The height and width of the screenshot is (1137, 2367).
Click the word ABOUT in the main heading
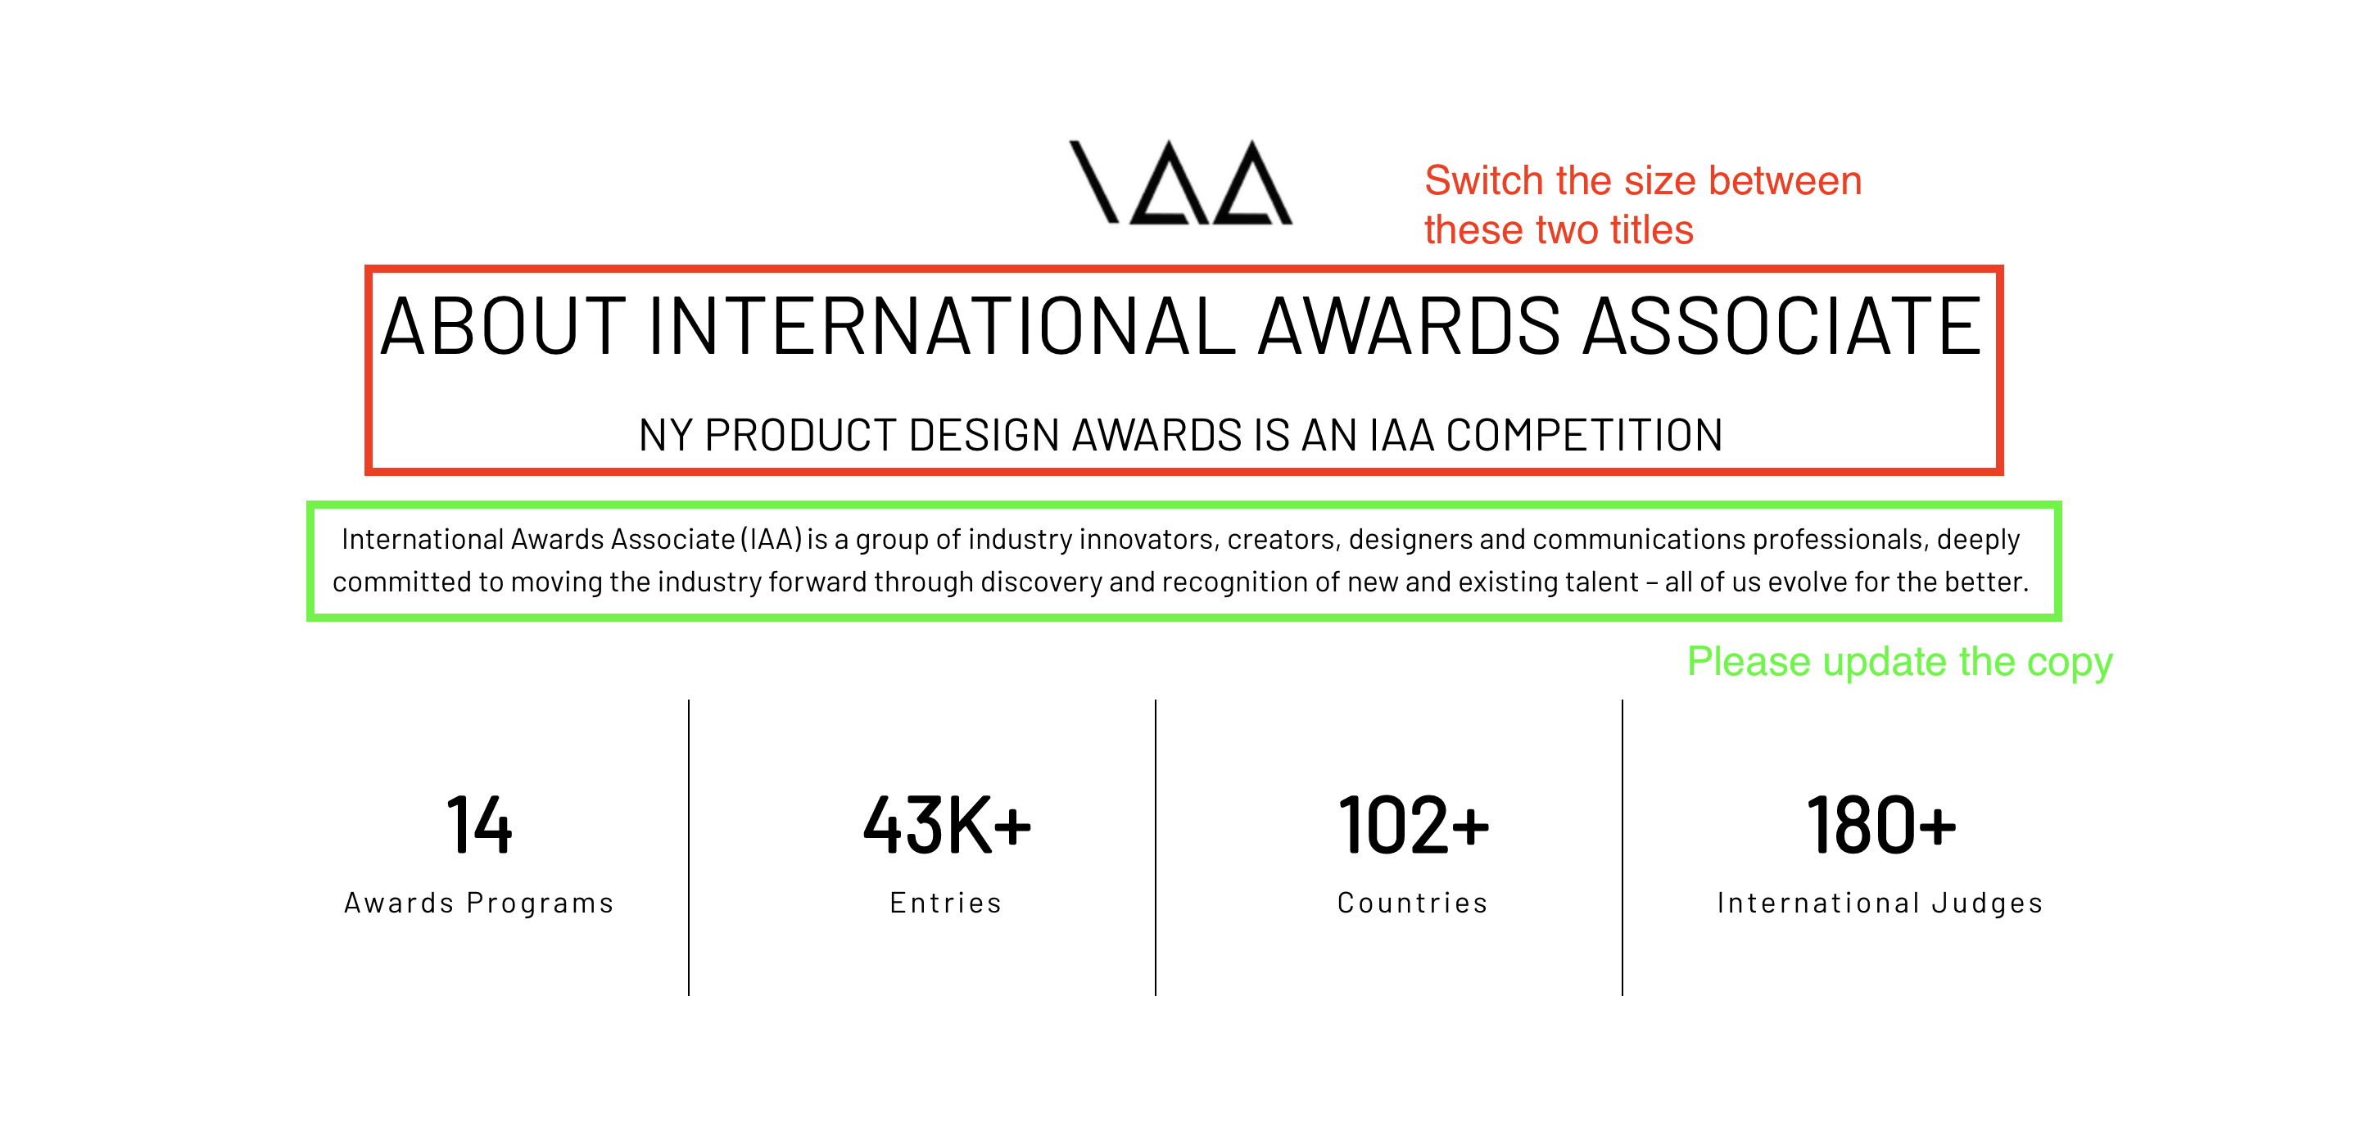(x=503, y=326)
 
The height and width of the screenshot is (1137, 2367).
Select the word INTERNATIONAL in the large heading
(x=942, y=326)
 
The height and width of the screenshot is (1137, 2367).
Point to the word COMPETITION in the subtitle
(x=1584, y=435)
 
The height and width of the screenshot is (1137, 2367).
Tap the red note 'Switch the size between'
(x=1643, y=180)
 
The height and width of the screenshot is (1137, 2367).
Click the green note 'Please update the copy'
(x=1899, y=662)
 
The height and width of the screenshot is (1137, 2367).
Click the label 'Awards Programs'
(x=479, y=903)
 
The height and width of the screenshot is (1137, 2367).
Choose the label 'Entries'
(x=945, y=903)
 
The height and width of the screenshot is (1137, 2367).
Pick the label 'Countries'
(x=1412, y=903)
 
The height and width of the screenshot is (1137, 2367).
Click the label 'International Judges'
(x=1880, y=903)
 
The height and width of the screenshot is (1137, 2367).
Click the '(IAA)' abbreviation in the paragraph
(x=772, y=539)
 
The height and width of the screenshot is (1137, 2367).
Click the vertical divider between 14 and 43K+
(x=689, y=848)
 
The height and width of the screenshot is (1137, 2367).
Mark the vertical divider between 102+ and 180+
(x=1623, y=848)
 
